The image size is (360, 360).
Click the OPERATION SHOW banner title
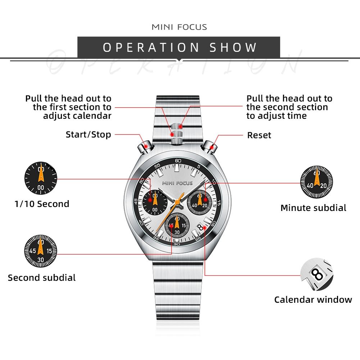pos(179,47)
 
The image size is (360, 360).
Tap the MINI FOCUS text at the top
pos(179,27)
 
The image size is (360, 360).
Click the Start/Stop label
pos(88,135)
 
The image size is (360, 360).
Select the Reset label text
pos(259,135)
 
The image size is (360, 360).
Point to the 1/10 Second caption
pos(42,204)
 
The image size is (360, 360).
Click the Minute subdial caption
pos(313,208)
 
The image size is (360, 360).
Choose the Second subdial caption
pos(42,278)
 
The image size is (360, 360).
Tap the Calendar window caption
pos(313,300)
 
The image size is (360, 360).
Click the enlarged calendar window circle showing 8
pos(317,274)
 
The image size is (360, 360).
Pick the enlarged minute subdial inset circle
pos(316,182)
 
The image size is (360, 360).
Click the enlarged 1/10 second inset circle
pos(41,178)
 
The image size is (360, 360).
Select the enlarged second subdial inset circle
pos(41,251)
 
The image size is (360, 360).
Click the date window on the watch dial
pos(201,228)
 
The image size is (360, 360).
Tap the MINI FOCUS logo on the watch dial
pos(177,183)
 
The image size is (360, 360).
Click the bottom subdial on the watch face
pos(177,226)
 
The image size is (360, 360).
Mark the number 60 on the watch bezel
pos(178,161)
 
